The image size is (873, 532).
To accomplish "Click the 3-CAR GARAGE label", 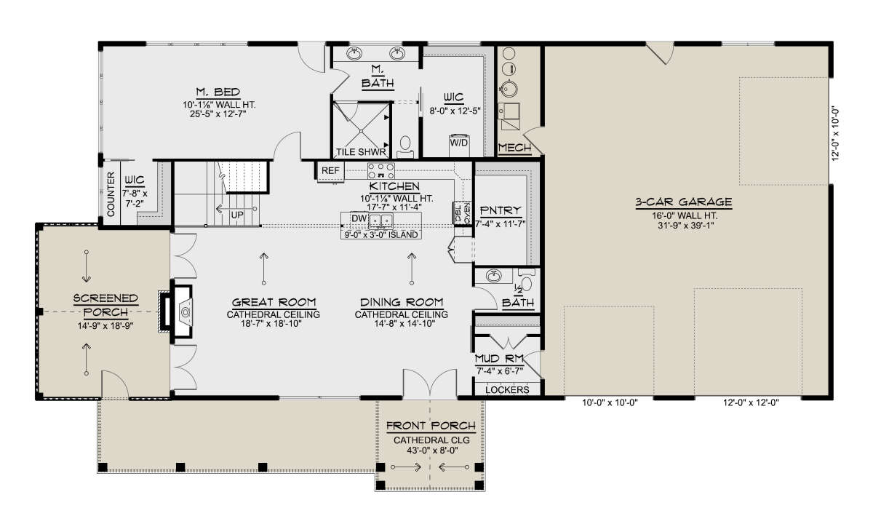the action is coord(684,202).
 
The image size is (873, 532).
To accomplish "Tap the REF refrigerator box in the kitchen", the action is coord(330,172).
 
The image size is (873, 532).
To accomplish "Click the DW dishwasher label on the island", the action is coord(359,218).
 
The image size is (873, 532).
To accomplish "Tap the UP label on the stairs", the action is coord(237,215).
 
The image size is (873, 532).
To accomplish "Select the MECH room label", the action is coord(514,148).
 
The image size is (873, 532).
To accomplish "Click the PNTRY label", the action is coord(501,211).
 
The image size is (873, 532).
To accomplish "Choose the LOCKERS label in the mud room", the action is coord(507,390).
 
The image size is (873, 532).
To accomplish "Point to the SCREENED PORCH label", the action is coord(105,305).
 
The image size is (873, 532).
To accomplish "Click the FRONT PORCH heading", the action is coord(431,426).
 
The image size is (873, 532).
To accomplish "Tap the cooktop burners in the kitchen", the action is coord(380,171).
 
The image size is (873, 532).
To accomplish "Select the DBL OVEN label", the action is coord(462,213).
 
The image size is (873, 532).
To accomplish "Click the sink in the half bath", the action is coord(494,277).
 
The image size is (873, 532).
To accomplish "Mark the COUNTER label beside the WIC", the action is coord(111,194).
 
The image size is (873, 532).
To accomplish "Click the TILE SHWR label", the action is coord(361,152).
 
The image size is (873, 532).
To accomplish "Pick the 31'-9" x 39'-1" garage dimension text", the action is coord(686,226).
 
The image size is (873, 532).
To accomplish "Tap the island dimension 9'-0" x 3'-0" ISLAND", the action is coord(380,235).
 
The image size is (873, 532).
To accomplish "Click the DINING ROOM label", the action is coord(402,303).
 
